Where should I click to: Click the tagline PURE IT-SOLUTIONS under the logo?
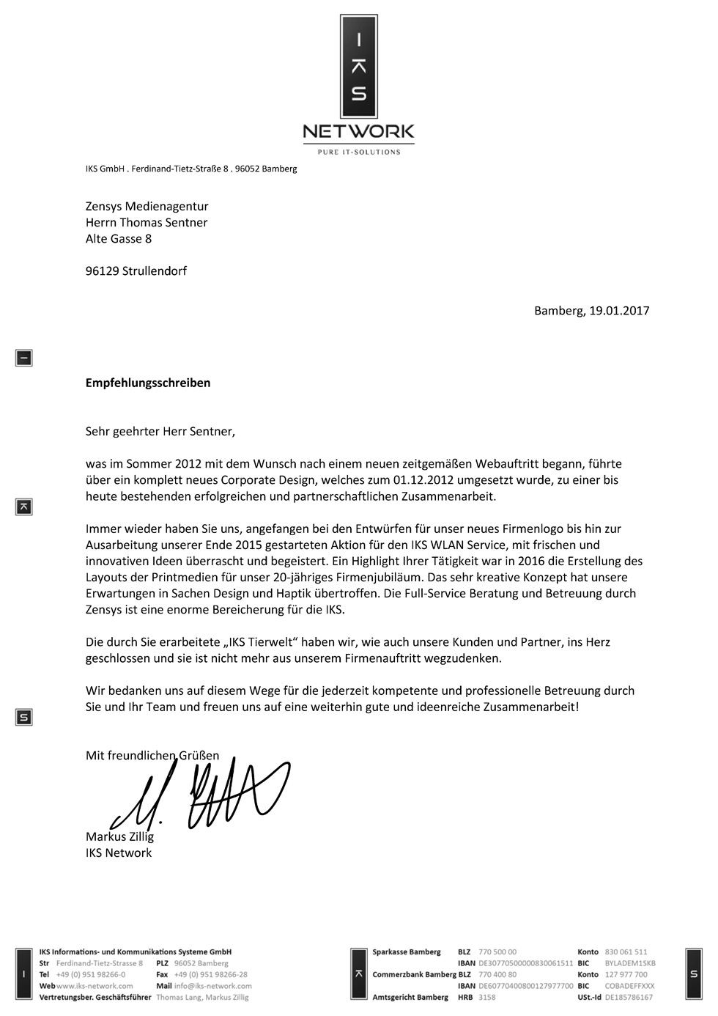point(358,152)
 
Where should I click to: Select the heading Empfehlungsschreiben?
point(148,383)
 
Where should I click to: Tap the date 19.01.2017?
point(619,310)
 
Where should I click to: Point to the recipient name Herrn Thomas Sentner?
point(147,222)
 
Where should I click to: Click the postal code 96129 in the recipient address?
point(102,270)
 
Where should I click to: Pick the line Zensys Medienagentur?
point(147,206)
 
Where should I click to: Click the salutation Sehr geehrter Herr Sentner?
point(160,431)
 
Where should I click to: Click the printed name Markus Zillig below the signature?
point(119,836)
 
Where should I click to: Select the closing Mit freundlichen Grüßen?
point(152,755)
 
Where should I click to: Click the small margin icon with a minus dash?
point(24,358)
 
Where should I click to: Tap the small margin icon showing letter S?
point(24,718)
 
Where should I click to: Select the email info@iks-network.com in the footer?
point(213,986)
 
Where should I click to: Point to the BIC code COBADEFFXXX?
point(630,986)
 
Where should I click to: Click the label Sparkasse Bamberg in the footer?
point(407,951)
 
